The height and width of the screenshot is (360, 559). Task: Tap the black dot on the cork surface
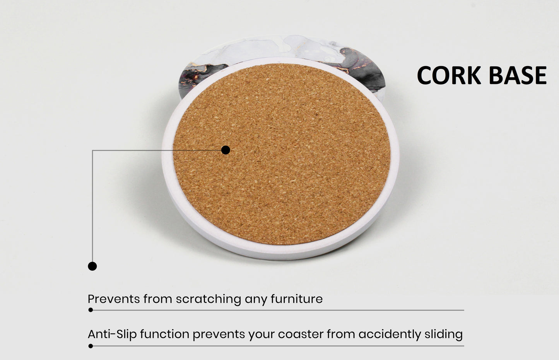(226, 150)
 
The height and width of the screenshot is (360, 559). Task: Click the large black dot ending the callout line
(92, 266)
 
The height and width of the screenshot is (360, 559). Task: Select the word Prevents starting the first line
(114, 299)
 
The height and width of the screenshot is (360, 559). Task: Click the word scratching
(209, 299)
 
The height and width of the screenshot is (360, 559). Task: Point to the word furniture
(297, 299)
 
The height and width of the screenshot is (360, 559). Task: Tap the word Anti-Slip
(112, 334)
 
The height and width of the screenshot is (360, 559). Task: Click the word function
(165, 334)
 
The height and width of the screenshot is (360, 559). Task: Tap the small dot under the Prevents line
(91, 310)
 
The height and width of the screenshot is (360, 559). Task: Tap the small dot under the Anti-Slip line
(91, 346)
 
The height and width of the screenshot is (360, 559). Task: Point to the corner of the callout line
(92, 150)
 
